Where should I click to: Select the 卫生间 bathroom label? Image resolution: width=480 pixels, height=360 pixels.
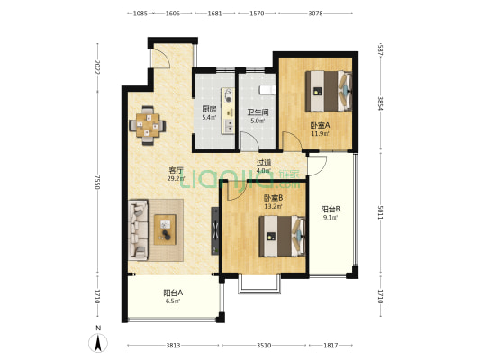(x=258, y=112)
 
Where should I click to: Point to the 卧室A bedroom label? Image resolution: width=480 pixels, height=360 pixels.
(x=321, y=125)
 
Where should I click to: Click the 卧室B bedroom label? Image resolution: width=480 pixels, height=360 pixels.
(x=274, y=198)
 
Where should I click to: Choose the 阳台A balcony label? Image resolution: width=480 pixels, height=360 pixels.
(x=173, y=292)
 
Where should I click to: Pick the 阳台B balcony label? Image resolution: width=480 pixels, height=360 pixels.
(x=331, y=210)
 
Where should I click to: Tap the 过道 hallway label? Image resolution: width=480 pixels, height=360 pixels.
(x=264, y=163)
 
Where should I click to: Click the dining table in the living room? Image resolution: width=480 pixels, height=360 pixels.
(x=148, y=125)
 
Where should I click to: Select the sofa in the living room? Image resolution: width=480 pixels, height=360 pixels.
(x=139, y=230)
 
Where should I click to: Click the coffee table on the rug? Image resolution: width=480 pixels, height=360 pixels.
(x=165, y=229)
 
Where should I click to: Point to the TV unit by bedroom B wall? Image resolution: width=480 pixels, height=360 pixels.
(x=215, y=231)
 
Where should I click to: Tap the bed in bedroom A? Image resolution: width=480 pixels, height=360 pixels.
(x=329, y=91)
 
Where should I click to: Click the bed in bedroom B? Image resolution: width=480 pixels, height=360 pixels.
(x=282, y=236)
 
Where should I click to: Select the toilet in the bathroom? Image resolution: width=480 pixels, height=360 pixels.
(x=267, y=90)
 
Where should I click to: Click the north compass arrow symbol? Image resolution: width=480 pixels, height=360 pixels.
(x=98, y=343)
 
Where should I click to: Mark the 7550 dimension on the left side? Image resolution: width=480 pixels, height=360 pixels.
(x=97, y=183)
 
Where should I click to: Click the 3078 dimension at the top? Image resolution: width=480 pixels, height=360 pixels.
(x=315, y=13)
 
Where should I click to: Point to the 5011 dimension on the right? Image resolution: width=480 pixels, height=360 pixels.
(x=380, y=212)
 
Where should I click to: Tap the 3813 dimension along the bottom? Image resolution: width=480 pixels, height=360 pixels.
(x=173, y=346)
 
